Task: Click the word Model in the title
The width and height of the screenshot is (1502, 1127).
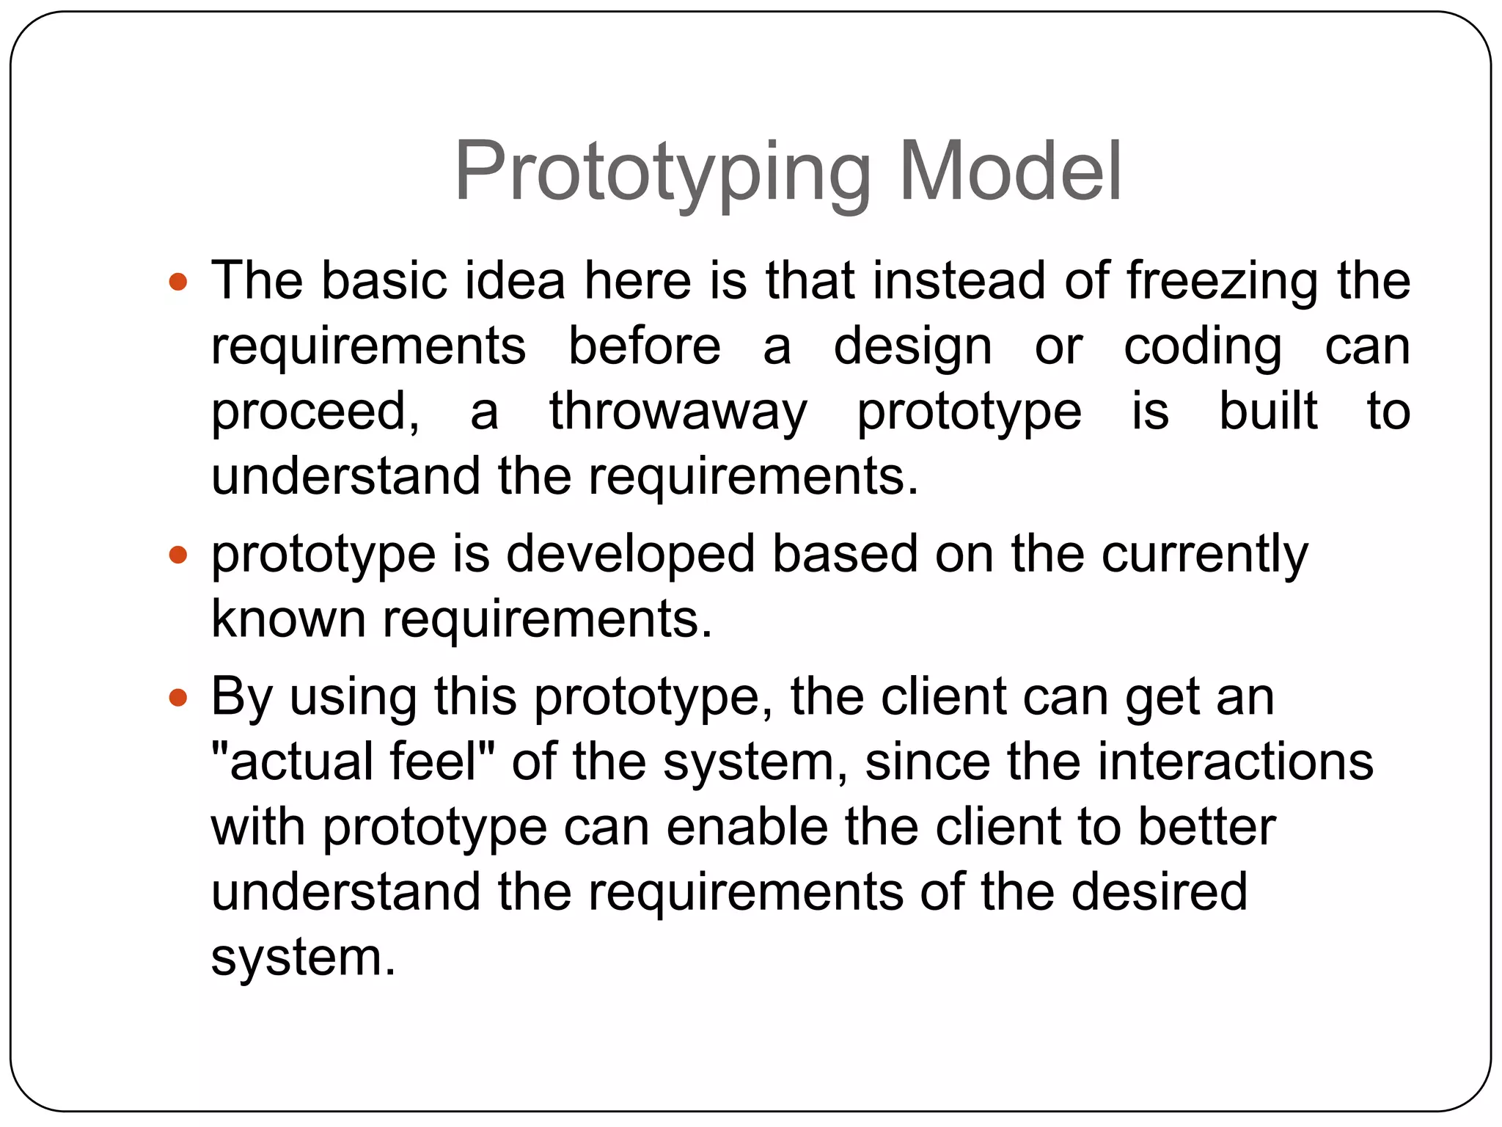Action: [1010, 172]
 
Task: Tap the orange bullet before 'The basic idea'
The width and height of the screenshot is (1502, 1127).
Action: [178, 282]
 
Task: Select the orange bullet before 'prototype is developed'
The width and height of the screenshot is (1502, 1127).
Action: [178, 555]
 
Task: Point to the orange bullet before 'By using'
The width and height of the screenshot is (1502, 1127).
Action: [178, 697]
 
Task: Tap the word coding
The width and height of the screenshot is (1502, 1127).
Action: [1203, 347]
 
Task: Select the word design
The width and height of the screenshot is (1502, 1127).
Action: [912, 347]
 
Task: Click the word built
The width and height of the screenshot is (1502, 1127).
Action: [1267, 411]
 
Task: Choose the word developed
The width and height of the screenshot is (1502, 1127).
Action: [630, 555]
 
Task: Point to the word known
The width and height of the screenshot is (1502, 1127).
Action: [288, 619]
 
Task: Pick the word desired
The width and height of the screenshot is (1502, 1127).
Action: [1159, 892]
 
